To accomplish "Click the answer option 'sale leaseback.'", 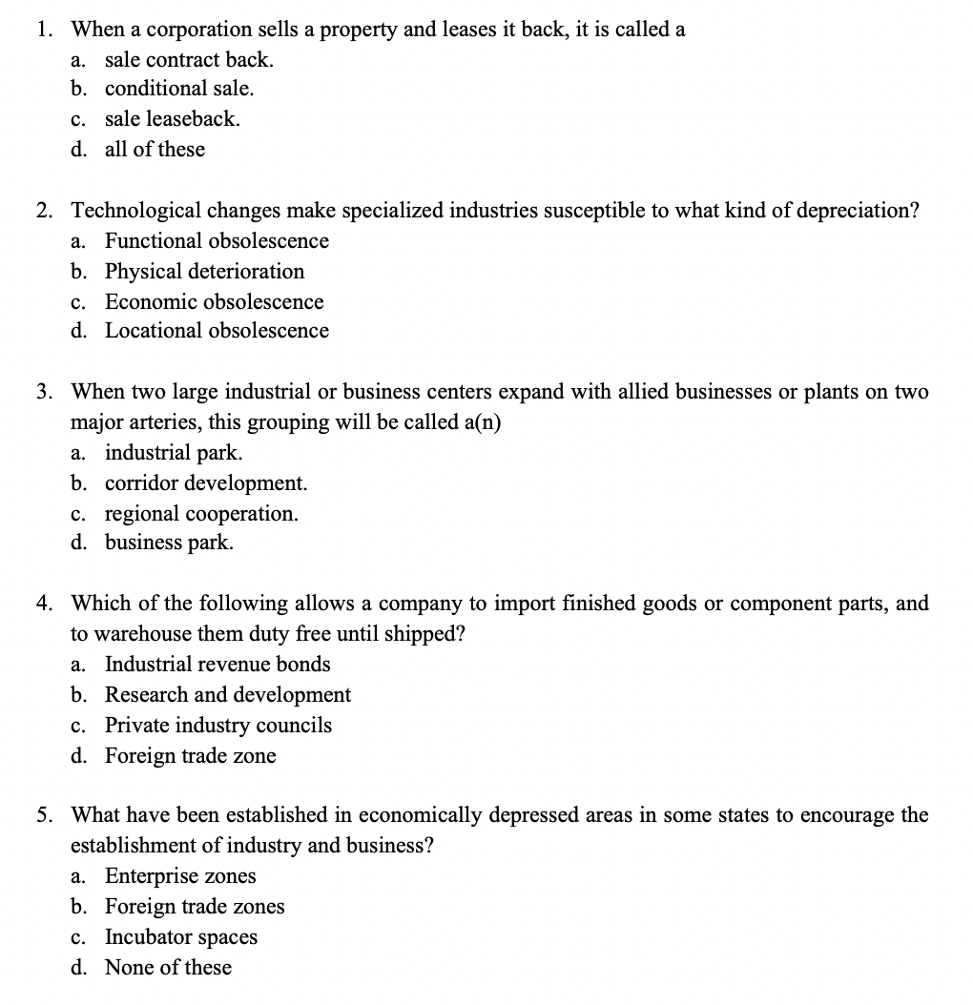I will click(x=172, y=119).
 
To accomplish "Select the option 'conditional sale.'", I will click(x=179, y=89).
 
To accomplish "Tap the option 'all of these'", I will click(x=155, y=150).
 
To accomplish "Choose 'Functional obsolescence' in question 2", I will click(x=217, y=241).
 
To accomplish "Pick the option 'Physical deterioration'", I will click(x=204, y=272).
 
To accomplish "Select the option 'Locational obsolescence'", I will click(x=217, y=331).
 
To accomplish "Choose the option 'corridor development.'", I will click(x=206, y=483).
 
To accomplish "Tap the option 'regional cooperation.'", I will click(x=201, y=514).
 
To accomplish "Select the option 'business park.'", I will click(x=169, y=544).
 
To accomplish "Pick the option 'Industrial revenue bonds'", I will click(x=217, y=665).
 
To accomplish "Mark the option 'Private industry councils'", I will click(x=218, y=726).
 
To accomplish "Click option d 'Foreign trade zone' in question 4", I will click(x=190, y=756).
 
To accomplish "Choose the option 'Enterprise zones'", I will click(x=180, y=876).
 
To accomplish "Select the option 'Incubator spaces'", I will click(x=181, y=937).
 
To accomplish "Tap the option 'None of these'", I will click(x=168, y=968).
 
